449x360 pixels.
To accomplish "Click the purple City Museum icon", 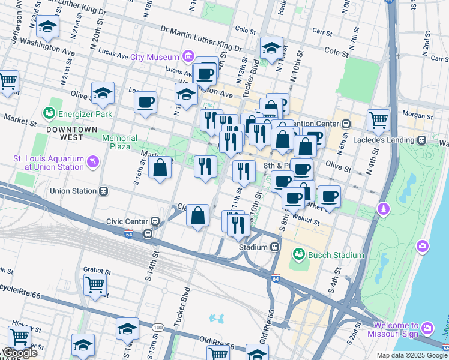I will point(188,57).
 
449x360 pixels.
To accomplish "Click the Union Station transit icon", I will point(104,191).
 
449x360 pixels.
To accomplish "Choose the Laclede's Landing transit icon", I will point(422,139).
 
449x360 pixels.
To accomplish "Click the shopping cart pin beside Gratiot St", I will point(95,284).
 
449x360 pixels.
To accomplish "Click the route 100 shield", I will point(158,327).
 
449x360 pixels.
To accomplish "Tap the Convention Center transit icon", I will point(346,124).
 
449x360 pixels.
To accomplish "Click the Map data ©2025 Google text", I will point(411,355).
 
